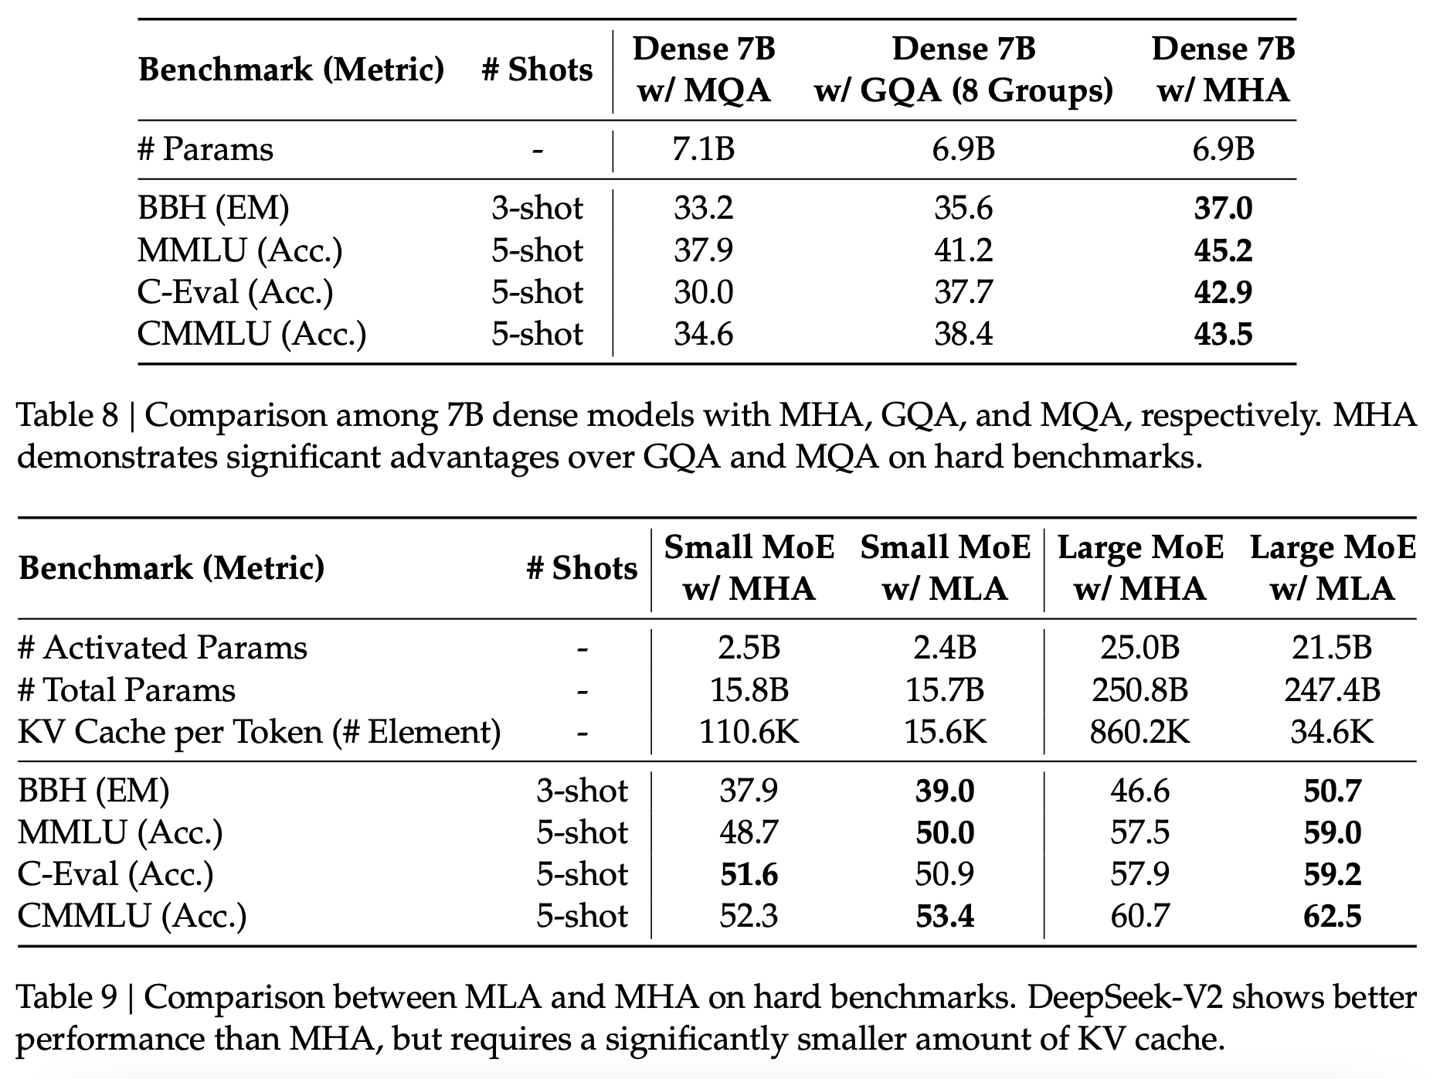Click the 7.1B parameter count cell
703,149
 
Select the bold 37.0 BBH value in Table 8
1223,209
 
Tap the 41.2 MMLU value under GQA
963,250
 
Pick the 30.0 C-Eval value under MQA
703,292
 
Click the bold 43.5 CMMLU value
1223,334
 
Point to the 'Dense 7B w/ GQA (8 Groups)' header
963,70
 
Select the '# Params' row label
205,149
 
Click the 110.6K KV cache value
749,731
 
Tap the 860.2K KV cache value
1140,731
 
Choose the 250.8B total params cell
1140,689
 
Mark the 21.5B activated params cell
1332,648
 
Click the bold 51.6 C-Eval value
749,874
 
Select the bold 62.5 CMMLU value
1332,916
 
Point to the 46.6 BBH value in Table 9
1140,791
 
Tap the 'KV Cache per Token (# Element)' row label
260,731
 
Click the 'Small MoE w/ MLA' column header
946,568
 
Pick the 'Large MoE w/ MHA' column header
1140,568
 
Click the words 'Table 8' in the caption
68,416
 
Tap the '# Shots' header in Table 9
582,569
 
